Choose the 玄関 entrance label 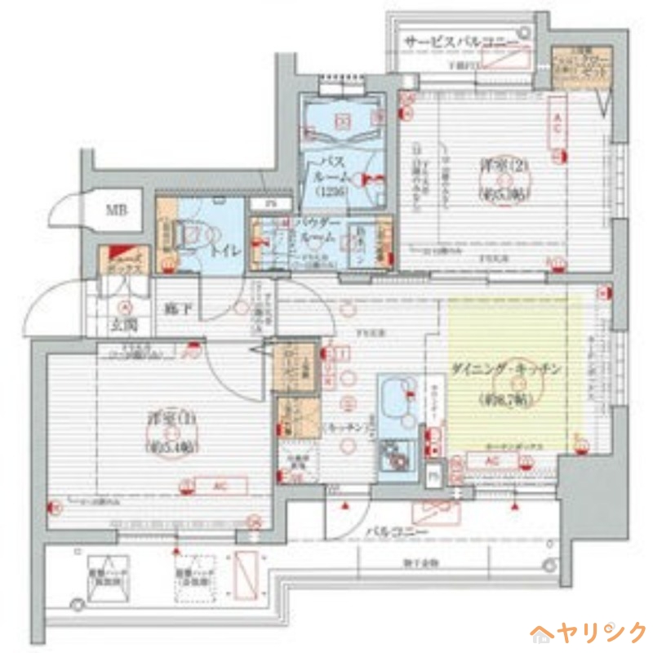click(125, 325)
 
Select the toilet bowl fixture click(190, 237)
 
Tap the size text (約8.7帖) click(506, 400)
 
